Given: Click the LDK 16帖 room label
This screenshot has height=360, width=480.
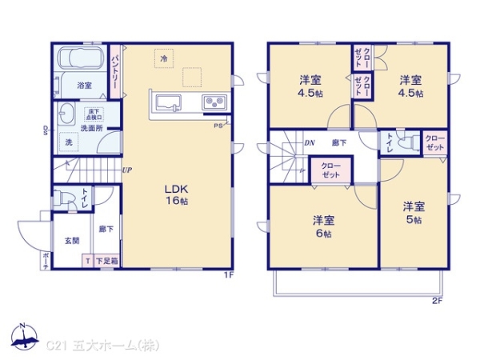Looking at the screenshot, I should click(176, 195).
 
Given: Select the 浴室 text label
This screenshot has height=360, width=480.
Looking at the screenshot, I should click(84, 85).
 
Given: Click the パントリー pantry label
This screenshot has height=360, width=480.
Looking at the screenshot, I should click(115, 70).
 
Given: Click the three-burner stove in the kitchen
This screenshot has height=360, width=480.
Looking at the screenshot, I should click(215, 102).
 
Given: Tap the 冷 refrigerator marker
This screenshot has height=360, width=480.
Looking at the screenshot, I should click(163, 59).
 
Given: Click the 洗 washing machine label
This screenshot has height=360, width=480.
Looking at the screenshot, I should click(69, 142).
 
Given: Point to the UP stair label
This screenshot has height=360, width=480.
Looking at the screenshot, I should click(126, 170).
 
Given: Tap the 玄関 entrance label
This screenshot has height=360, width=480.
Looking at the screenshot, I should click(71, 240).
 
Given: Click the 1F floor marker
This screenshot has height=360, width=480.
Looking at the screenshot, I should click(227, 276).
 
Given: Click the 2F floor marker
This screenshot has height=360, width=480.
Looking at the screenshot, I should click(438, 301).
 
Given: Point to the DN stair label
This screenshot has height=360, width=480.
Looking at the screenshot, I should click(310, 143).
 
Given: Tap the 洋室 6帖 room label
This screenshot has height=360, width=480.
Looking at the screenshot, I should click(323, 226).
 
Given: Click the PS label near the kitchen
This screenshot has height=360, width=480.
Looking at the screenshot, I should click(217, 126).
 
